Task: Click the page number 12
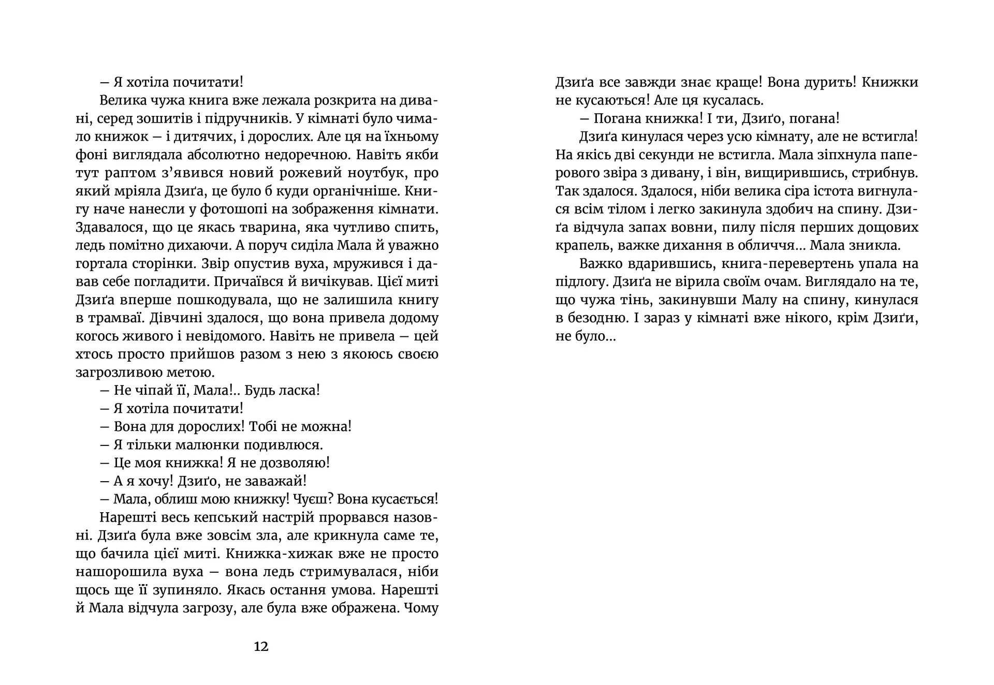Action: [x=261, y=646]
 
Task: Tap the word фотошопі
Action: [x=232, y=210]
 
